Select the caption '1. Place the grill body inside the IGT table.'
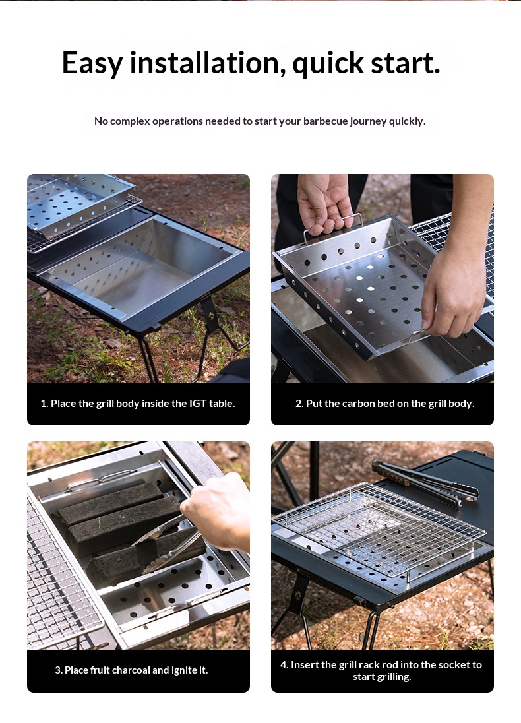(x=138, y=404)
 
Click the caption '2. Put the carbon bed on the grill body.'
(x=385, y=404)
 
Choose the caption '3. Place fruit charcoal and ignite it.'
(x=131, y=670)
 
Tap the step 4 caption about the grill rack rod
(x=381, y=670)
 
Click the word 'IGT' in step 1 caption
(x=198, y=404)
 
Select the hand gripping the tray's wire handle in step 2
(x=325, y=203)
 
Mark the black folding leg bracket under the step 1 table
(x=210, y=313)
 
